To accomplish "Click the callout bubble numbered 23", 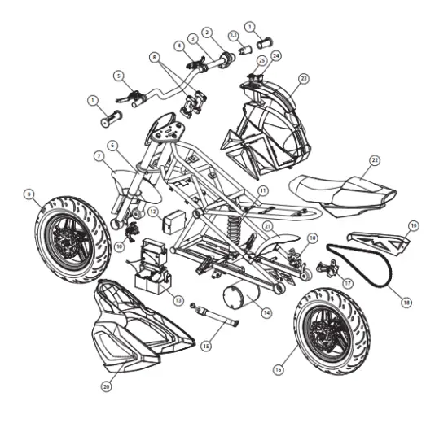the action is (304, 78).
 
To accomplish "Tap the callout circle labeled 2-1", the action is (234, 36).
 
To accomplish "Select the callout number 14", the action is (266, 313).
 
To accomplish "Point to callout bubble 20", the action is (106, 386).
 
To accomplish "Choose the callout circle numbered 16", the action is (279, 369).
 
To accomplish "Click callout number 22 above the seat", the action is (375, 160).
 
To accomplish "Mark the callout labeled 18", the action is (406, 303).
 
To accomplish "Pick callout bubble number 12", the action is (153, 211).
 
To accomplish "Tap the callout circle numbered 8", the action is (155, 58).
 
